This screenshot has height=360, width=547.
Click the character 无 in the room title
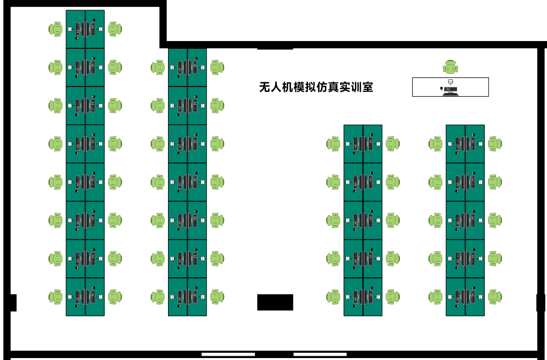pyautogui.click(x=265, y=87)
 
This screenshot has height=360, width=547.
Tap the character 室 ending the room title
pyautogui.click(x=367, y=87)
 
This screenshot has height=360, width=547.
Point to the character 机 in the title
pyautogui.click(x=287, y=87)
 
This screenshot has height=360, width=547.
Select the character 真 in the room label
pyautogui.click(x=333, y=87)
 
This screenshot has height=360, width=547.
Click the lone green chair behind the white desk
pyautogui.click(x=450, y=67)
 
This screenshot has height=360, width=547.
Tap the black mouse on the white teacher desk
pyautogui.click(x=441, y=89)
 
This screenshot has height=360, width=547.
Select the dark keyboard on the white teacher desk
pyautogui.click(x=450, y=89)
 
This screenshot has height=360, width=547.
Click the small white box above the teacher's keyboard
pyautogui.click(x=450, y=82)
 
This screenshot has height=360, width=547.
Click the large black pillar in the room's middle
pyautogui.click(x=275, y=302)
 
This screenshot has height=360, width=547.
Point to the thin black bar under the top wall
pyautogui.click(x=275, y=49)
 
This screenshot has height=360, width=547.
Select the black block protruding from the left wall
pyautogui.click(x=14, y=302)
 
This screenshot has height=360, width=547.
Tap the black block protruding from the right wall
pyautogui.click(x=540, y=302)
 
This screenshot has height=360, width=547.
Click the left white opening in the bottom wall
pyautogui.click(x=228, y=354)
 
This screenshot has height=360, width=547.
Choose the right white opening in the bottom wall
pyautogui.click(x=320, y=354)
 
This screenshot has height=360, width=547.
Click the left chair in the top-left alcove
pyautogui.click(x=56, y=29)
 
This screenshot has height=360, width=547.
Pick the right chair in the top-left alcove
pyautogui.click(x=115, y=29)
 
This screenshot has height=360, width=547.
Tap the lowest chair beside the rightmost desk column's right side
pyautogui.click(x=495, y=297)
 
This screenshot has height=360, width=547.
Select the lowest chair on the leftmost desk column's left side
pyautogui.click(x=56, y=297)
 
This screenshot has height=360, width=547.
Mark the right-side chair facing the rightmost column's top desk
pyautogui.click(x=495, y=144)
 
